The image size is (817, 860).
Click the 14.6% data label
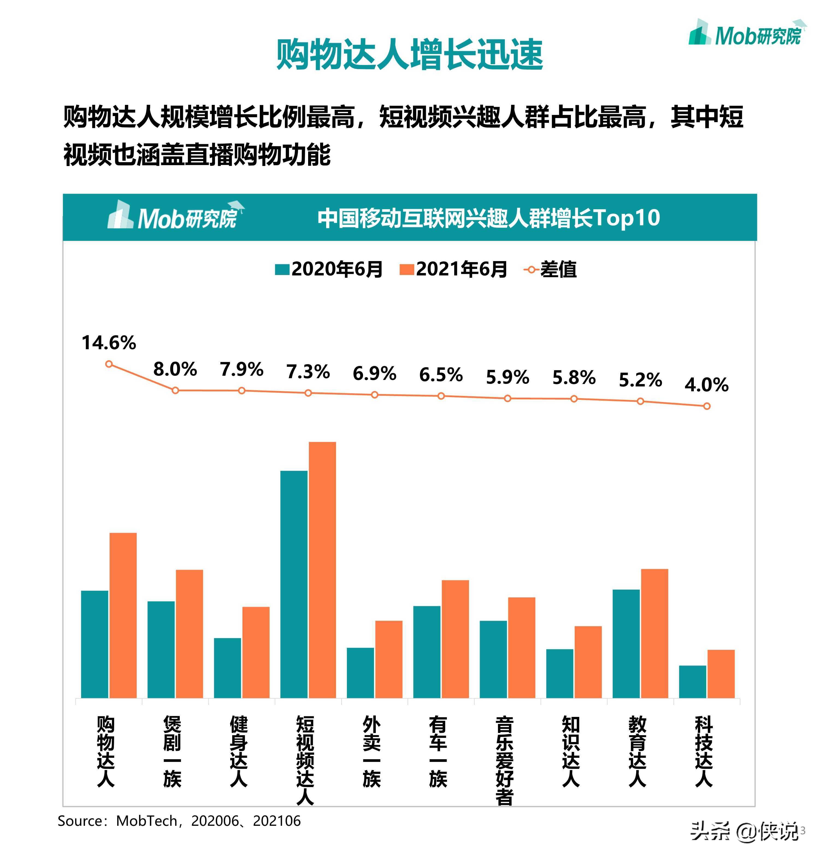[x=109, y=343]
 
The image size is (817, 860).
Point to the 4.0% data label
[x=706, y=385]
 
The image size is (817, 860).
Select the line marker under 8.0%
[x=175, y=390]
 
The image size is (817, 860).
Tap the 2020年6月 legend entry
[x=329, y=270]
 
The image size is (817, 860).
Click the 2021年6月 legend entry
[x=453, y=270]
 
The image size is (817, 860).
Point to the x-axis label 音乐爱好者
[x=504, y=760]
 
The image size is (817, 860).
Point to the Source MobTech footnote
[x=179, y=821]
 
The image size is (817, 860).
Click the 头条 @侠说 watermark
[x=745, y=831]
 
